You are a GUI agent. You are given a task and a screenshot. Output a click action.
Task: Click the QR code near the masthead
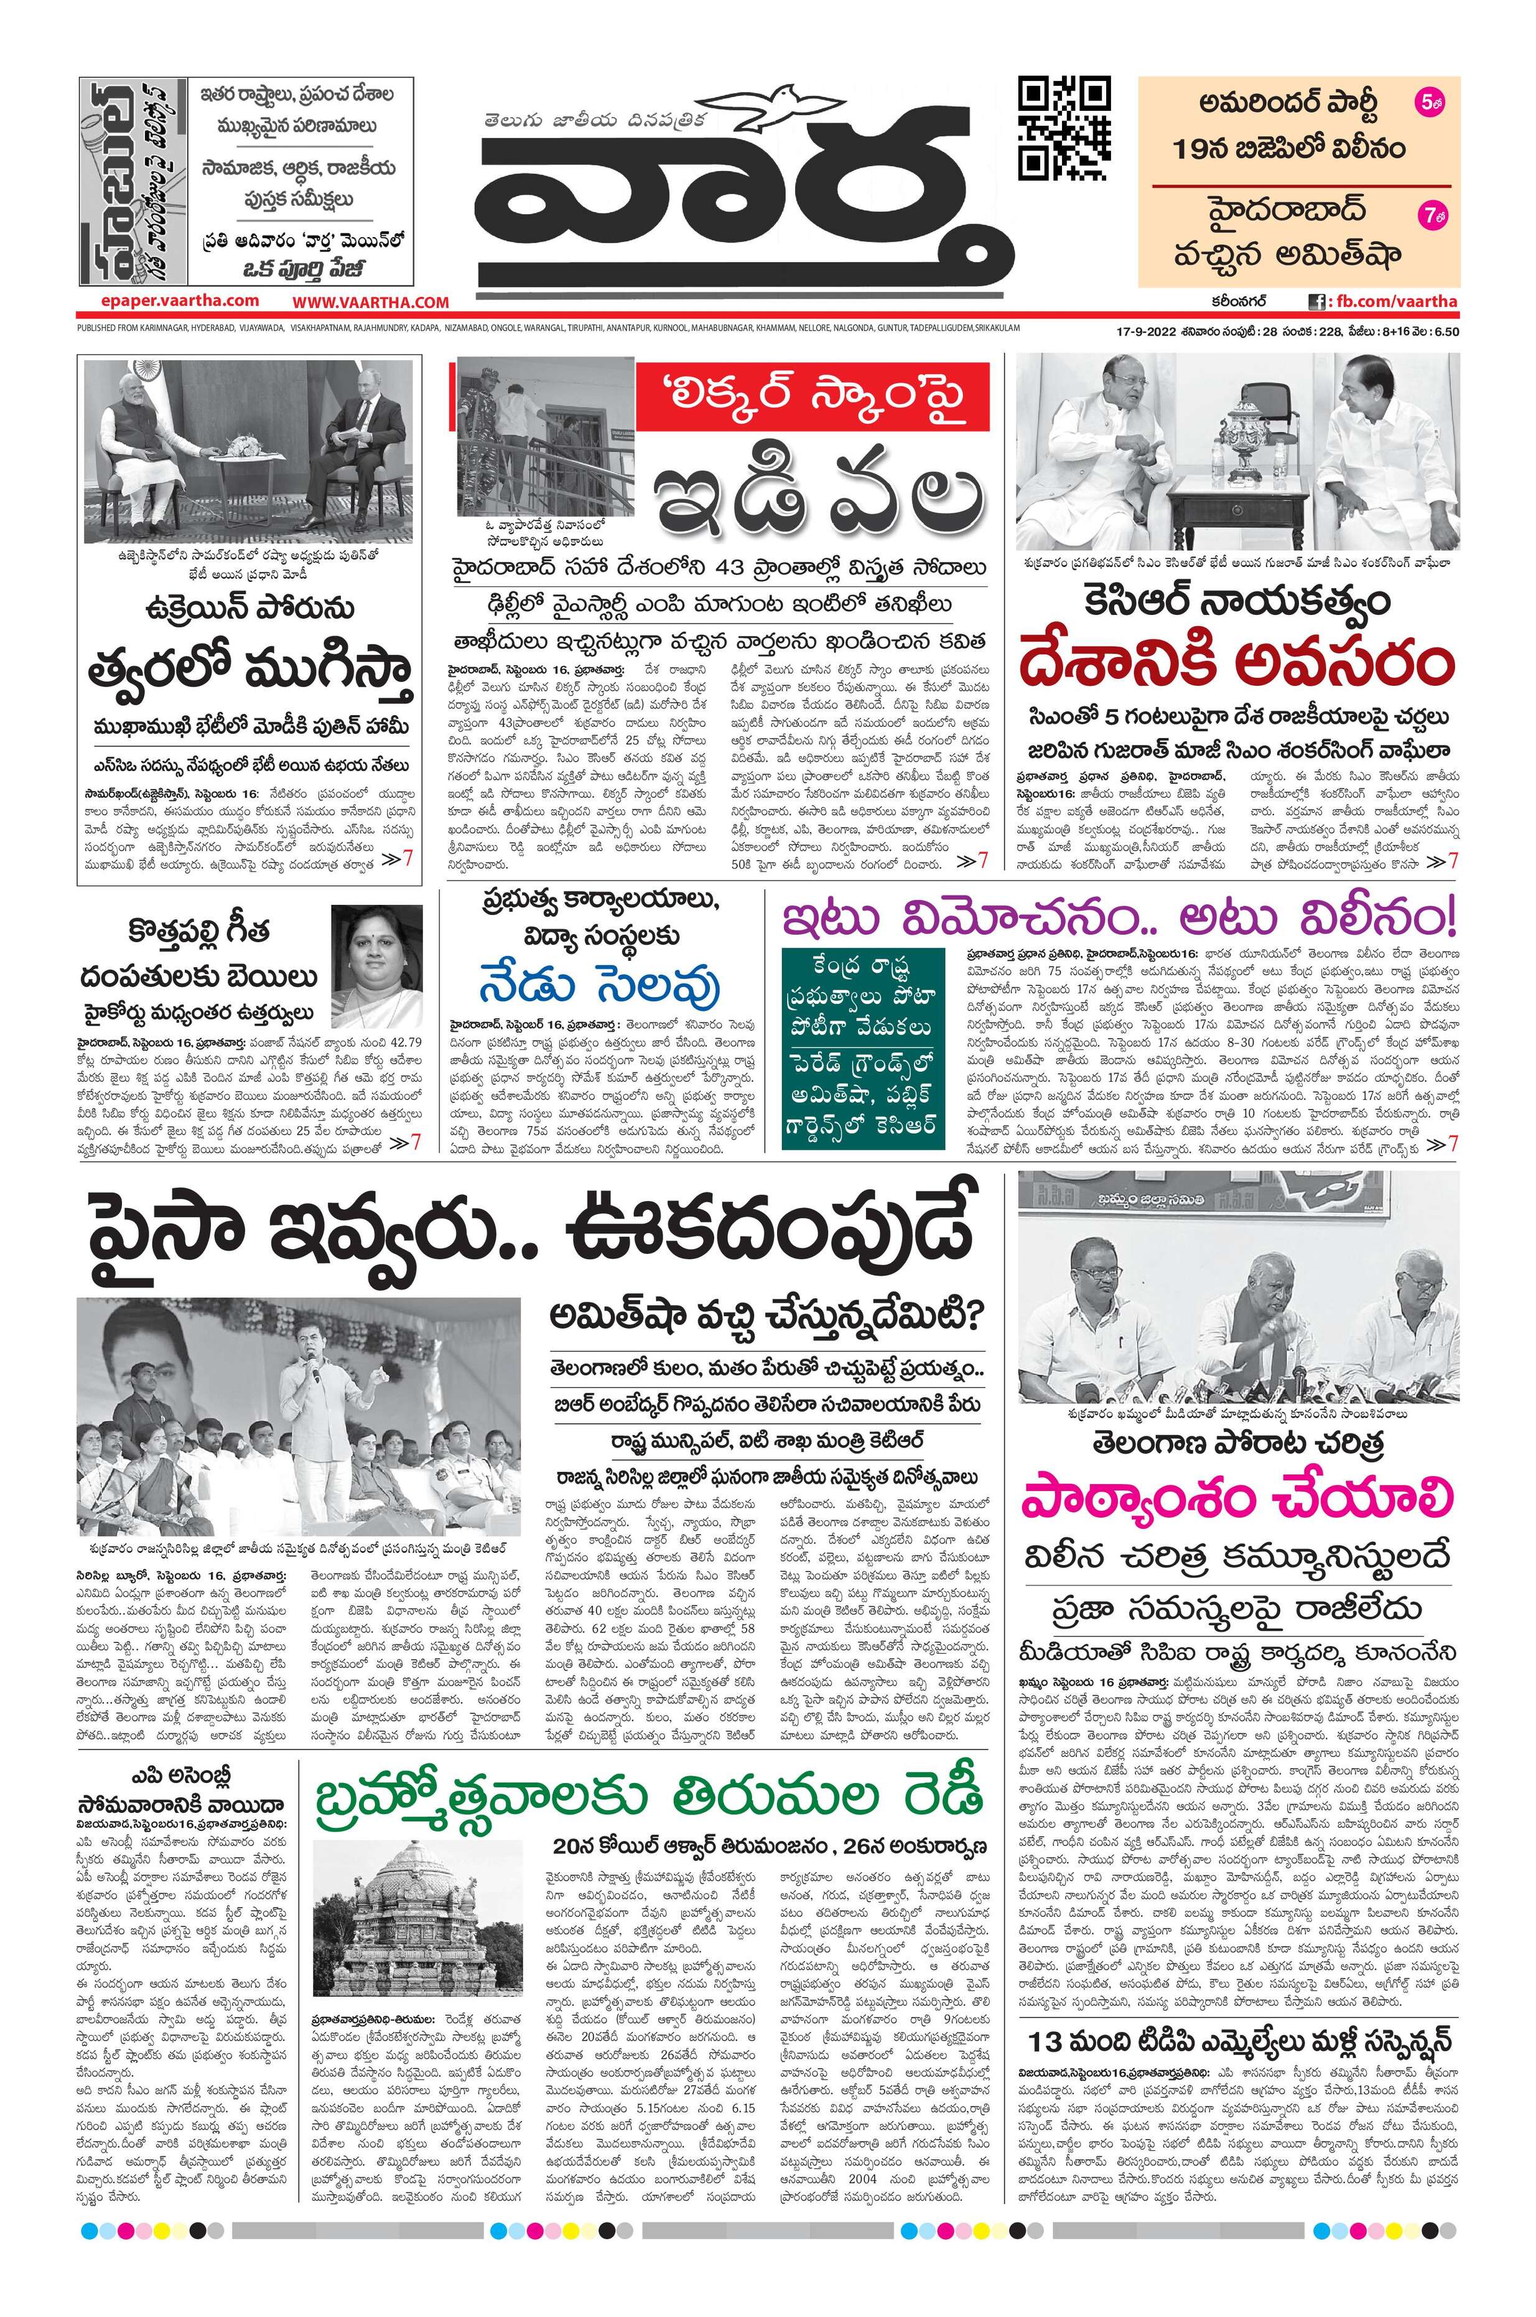click(1065, 124)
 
